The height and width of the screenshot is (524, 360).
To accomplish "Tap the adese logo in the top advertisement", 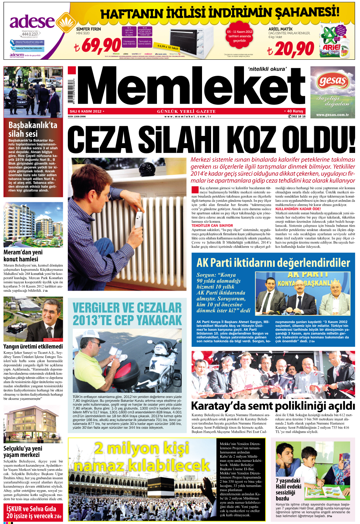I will pyautogui.click(x=32, y=22).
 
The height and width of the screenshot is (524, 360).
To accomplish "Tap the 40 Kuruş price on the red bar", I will pyautogui.click(x=295, y=111).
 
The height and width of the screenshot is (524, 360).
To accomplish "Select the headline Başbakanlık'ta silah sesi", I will pyautogui.click(x=33, y=129).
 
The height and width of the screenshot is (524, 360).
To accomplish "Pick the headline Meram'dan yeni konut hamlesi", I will pyautogui.click(x=23, y=255).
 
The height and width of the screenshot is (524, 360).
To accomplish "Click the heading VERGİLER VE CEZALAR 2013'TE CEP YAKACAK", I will pyautogui.click(x=127, y=314).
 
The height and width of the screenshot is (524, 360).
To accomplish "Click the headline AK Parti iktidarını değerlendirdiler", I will pyautogui.click(x=273, y=263).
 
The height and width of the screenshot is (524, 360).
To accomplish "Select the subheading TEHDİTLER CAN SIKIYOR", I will pyautogui.click(x=212, y=226).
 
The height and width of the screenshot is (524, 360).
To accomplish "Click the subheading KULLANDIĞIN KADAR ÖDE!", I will pyautogui.click(x=298, y=209).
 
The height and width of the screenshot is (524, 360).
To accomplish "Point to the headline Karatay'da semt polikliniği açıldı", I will pyautogui.click(x=273, y=406).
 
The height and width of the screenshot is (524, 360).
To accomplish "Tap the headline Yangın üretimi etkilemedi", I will pyautogui.click(x=33, y=346).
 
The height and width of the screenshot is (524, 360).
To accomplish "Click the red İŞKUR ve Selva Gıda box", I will pyautogui.click(x=34, y=512).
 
